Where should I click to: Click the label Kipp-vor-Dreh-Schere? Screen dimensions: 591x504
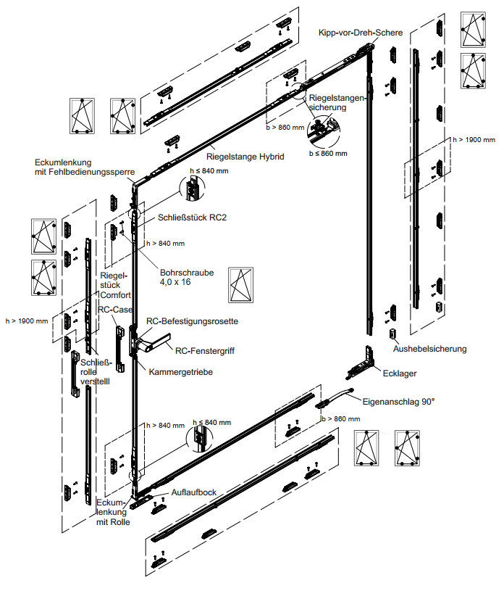tap(361, 33)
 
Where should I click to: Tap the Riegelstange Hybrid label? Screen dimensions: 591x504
tap(245, 156)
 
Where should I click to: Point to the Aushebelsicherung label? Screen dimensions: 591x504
tap(430, 349)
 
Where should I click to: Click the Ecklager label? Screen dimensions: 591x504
tap(400, 373)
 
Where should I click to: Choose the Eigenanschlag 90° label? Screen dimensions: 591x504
tap(398, 400)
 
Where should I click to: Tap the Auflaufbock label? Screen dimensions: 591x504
tap(194, 492)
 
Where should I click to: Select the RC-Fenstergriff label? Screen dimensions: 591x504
tap(206, 350)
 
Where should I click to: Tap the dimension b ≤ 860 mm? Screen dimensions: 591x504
tap(328, 153)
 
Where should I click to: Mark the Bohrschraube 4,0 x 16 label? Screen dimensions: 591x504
tap(187, 277)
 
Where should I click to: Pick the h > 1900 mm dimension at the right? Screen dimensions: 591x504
tap(474, 139)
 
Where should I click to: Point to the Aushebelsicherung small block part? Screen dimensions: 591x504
tap(392, 334)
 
